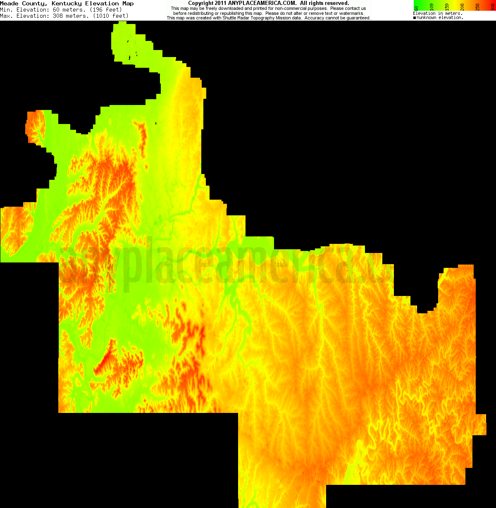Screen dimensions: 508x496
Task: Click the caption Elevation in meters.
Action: [438, 14]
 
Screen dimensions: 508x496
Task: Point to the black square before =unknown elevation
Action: [415, 18]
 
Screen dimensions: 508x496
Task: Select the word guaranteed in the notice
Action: [358, 18]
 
